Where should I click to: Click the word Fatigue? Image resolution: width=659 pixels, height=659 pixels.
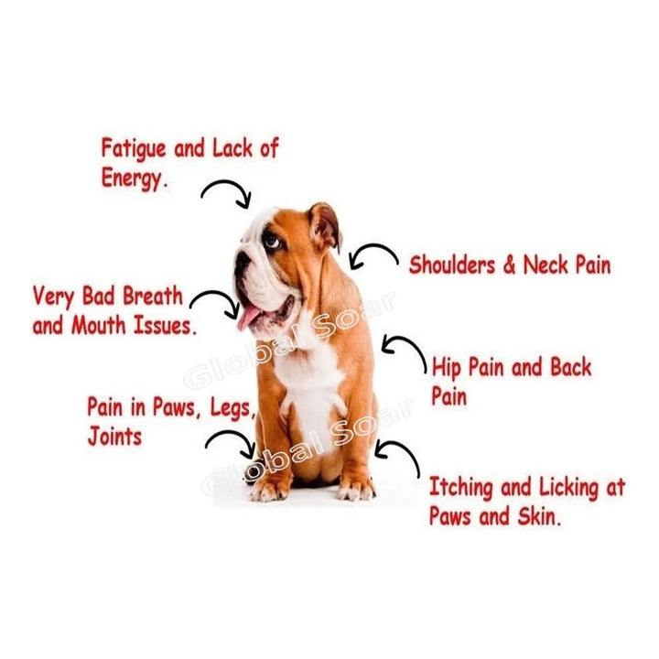(134, 150)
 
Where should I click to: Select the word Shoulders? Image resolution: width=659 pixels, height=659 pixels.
(452, 265)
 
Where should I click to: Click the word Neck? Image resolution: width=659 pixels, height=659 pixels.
(546, 265)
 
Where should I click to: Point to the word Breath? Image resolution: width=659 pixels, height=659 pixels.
(153, 296)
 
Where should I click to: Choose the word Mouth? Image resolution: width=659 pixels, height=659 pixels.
(99, 325)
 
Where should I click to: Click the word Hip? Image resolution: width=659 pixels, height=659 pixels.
(448, 368)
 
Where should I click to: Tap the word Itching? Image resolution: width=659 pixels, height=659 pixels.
(460, 489)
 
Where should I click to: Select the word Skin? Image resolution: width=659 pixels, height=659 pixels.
(539, 516)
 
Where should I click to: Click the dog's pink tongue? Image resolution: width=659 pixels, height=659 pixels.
(248, 317)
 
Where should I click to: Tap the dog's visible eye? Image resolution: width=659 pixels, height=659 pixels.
(271, 241)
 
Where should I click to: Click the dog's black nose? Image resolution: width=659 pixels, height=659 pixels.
(242, 260)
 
